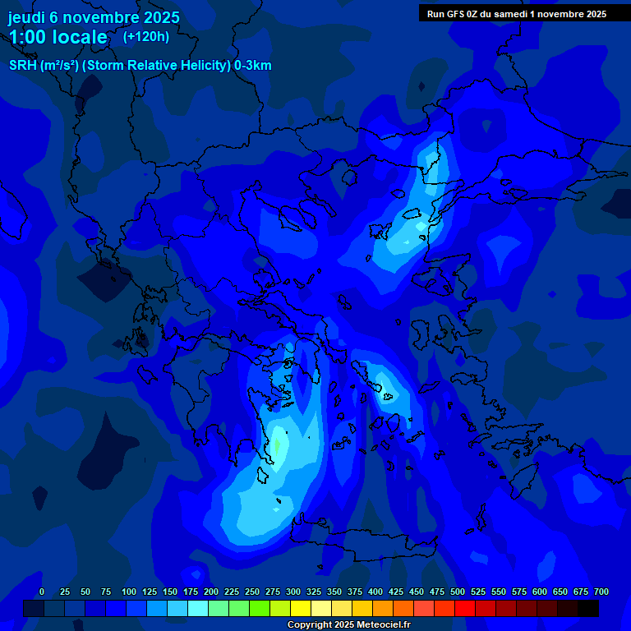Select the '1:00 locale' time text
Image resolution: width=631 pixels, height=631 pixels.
pyautogui.click(x=58, y=37)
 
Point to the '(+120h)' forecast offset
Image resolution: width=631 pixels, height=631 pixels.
pyautogui.click(x=145, y=36)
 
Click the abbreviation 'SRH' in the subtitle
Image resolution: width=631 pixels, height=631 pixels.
pyautogui.click(x=22, y=66)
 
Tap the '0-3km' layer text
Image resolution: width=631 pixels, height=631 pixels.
pyautogui.click(x=253, y=66)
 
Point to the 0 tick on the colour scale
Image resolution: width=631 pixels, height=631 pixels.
pyautogui.click(x=42, y=592)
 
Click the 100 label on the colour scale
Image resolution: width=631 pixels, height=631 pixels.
pyautogui.click(x=128, y=592)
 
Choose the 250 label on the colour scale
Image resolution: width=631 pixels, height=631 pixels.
pyautogui.click(x=251, y=592)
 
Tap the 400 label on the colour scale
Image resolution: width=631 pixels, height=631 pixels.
pyautogui.click(x=375, y=592)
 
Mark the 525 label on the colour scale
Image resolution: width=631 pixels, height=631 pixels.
pyautogui.click(x=477, y=592)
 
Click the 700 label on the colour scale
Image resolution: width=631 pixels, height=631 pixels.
pyautogui.click(x=601, y=592)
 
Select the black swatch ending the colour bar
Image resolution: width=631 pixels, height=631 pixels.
pyautogui.click(x=587, y=608)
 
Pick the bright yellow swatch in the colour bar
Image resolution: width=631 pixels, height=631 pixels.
pyautogui.click(x=301, y=608)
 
